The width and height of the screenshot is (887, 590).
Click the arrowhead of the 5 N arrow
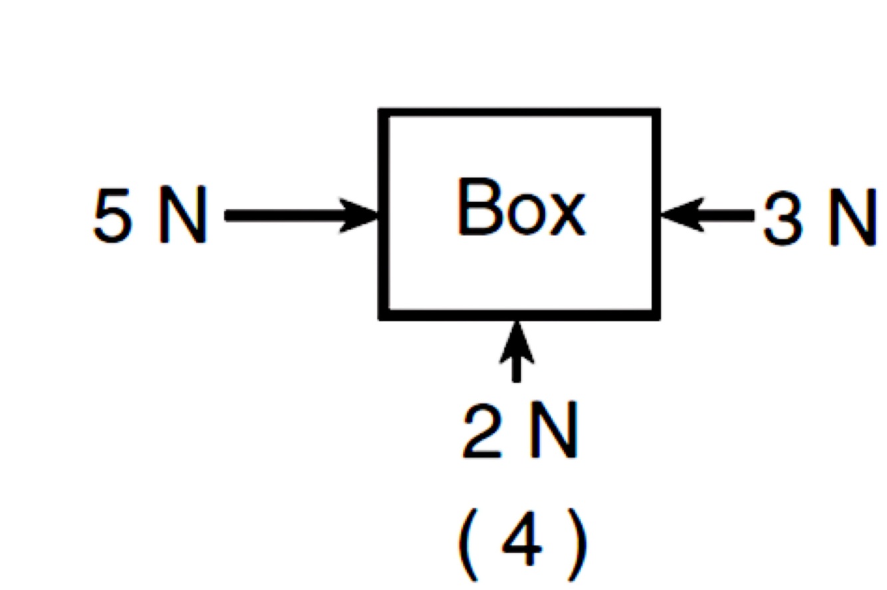coord(359,215)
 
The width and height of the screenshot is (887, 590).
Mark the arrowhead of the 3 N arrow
coord(682,215)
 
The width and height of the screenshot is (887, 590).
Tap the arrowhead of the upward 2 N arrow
coord(517,341)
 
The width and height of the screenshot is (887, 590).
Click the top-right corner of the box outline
coord(656,112)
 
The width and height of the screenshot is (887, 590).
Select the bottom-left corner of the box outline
coord(384,315)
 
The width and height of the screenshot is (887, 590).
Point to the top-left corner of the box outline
coord(384,112)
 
